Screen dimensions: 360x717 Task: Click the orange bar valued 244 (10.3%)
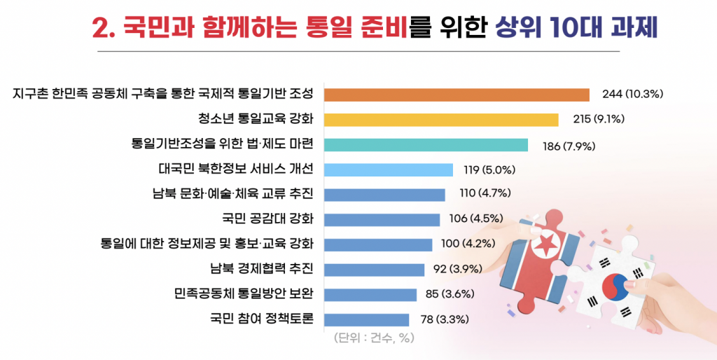(x=457, y=95)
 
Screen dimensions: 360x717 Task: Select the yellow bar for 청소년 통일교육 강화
(x=441, y=120)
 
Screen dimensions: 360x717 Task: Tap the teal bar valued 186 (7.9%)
(x=426, y=145)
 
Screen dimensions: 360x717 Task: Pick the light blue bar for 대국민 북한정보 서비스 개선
(x=389, y=169)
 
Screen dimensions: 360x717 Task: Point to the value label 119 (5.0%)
(x=489, y=169)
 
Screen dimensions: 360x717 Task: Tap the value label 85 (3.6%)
(x=452, y=295)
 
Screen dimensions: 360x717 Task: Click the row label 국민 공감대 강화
(x=267, y=219)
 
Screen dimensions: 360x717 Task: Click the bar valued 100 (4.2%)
(x=379, y=244)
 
